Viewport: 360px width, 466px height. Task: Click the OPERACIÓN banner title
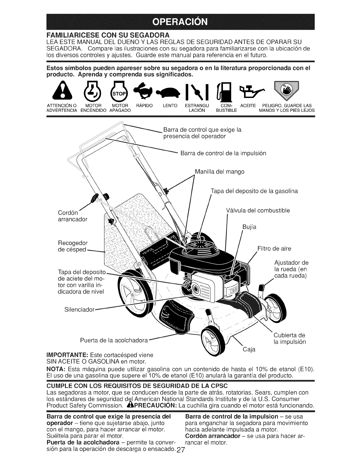point(180,22)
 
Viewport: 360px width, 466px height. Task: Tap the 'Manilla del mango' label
point(219,171)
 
